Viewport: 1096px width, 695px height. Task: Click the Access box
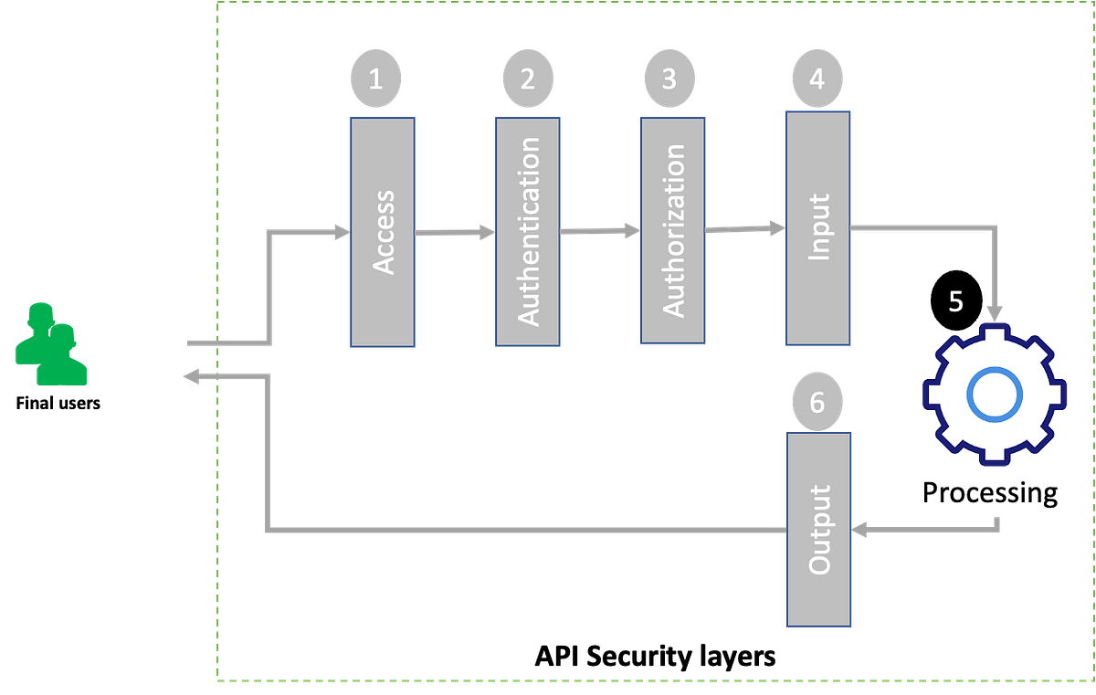point(383,232)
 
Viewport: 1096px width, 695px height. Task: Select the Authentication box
point(528,231)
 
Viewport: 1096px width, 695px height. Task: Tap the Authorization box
point(671,230)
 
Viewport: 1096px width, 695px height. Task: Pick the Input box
point(818,228)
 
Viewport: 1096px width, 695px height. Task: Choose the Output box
point(819,530)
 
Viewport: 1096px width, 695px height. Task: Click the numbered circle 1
point(375,79)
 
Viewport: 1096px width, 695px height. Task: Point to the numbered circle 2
point(527,79)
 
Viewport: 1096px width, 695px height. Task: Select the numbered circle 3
point(669,79)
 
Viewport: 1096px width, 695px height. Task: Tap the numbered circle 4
point(817,79)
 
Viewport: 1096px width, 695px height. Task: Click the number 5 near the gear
point(955,302)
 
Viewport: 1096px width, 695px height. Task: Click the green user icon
point(50,344)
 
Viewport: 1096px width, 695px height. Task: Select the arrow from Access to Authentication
point(455,233)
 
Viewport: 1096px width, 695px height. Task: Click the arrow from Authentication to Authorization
point(599,231)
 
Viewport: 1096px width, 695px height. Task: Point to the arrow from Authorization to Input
point(745,228)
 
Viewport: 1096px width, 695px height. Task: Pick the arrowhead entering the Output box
point(861,529)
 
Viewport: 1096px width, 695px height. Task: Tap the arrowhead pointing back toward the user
point(191,375)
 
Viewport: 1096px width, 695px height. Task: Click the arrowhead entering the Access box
point(340,232)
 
